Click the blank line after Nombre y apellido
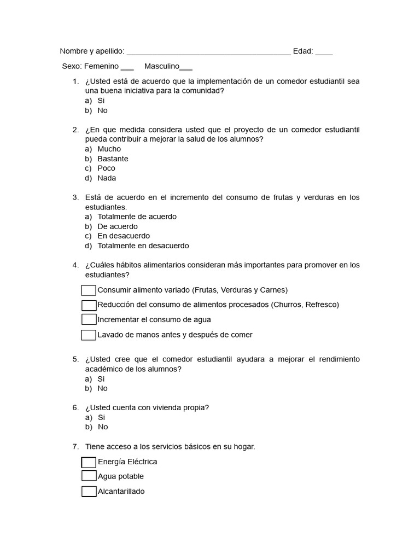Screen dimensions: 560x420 pos(208,53)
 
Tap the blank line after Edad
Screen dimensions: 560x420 pos(324,53)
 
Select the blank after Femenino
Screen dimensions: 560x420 pos(127,68)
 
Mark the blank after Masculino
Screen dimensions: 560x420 pos(186,68)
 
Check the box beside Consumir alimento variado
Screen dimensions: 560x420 pos(89,290)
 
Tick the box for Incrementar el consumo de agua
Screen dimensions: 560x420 pos(89,320)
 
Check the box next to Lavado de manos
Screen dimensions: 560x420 pos(89,335)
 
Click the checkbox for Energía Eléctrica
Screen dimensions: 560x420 pos(89,462)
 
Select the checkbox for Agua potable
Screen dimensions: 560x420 pos(89,476)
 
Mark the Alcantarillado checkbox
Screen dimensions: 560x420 pos(89,491)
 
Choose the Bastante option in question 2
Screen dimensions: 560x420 pos(113,159)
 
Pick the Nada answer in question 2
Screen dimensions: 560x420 pos(107,178)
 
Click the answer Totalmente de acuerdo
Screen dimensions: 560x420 pos(137,217)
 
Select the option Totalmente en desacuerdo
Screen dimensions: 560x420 pos(143,246)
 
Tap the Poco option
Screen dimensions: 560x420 pos(106,168)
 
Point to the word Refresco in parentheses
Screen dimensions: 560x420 pos(321,305)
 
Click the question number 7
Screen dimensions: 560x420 pos(75,447)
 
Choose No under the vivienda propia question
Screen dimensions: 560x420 pos(102,427)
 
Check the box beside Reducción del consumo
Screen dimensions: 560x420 pos(89,305)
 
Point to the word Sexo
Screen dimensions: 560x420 pos(71,66)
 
